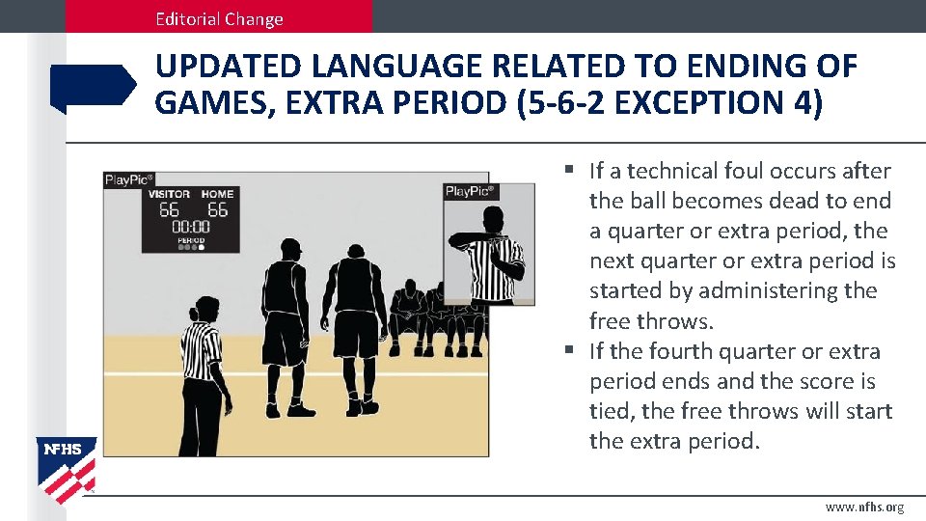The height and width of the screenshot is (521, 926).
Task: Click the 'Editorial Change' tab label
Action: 221,18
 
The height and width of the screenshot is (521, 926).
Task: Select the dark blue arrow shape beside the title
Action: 93,87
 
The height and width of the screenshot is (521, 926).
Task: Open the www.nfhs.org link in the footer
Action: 864,507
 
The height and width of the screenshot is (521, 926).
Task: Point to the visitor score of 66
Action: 170,210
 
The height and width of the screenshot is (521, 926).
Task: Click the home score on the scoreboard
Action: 218,210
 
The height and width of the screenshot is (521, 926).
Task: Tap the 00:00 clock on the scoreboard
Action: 191,228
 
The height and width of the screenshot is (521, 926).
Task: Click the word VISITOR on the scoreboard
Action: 169,194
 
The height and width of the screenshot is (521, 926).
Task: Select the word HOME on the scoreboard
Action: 217,194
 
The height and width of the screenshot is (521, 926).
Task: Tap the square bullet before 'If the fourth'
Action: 571,350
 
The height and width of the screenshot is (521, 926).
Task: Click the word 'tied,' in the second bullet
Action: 612,411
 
